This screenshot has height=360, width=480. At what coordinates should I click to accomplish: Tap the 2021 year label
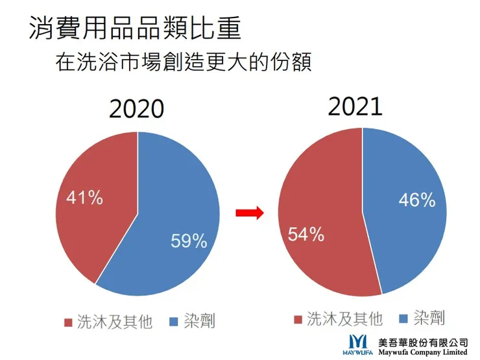pos(355,106)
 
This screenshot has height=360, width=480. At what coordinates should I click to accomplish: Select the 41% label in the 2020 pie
pos(84,197)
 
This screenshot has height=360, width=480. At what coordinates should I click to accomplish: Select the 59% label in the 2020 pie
pos(189,241)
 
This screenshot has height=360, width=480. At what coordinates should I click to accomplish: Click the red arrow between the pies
pos(248,213)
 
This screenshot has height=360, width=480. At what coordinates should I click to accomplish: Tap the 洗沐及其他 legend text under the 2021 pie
pos(344,318)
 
